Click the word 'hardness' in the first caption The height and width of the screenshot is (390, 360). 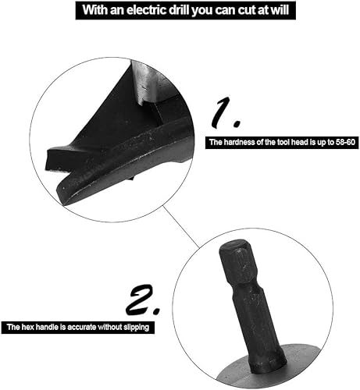238,142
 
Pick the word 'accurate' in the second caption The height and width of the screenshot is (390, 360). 82,327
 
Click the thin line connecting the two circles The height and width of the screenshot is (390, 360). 181,226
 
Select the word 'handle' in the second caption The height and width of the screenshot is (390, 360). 47,327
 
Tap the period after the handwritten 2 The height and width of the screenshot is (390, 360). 156,310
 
